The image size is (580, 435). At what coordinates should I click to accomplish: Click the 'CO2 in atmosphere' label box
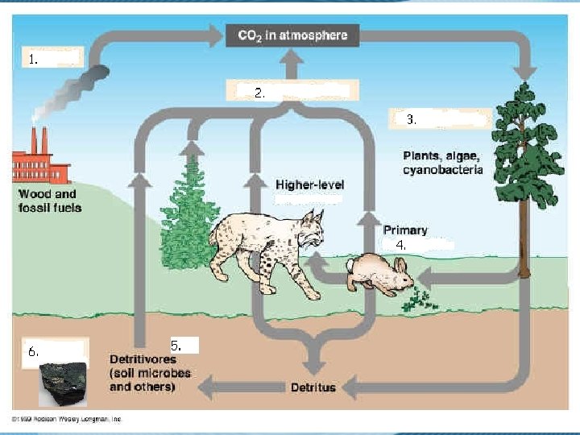click(x=292, y=35)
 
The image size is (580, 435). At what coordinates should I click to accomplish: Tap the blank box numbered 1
click(x=52, y=58)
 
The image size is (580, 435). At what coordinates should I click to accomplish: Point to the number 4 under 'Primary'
click(x=400, y=244)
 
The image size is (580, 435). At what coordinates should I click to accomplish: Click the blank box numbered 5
click(x=184, y=345)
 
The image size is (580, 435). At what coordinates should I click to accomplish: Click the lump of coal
click(x=64, y=384)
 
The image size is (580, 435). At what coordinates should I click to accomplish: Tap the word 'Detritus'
click(x=313, y=387)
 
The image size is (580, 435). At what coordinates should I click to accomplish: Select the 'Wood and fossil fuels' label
click(x=49, y=201)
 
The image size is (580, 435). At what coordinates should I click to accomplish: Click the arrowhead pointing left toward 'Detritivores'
click(x=208, y=387)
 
